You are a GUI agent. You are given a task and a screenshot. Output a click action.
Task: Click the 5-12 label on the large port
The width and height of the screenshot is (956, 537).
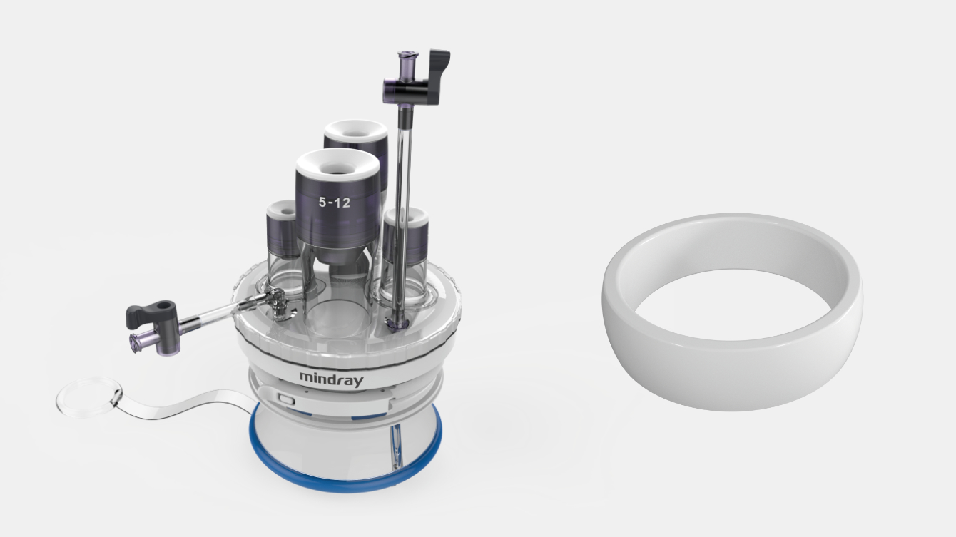pos(334,203)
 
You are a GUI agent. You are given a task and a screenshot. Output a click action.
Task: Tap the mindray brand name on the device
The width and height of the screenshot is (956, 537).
pos(330,378)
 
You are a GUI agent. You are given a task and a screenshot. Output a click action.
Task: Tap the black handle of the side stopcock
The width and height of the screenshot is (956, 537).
pos(150,312)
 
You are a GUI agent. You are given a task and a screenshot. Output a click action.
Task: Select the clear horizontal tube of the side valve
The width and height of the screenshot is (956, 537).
pos(210,315)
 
